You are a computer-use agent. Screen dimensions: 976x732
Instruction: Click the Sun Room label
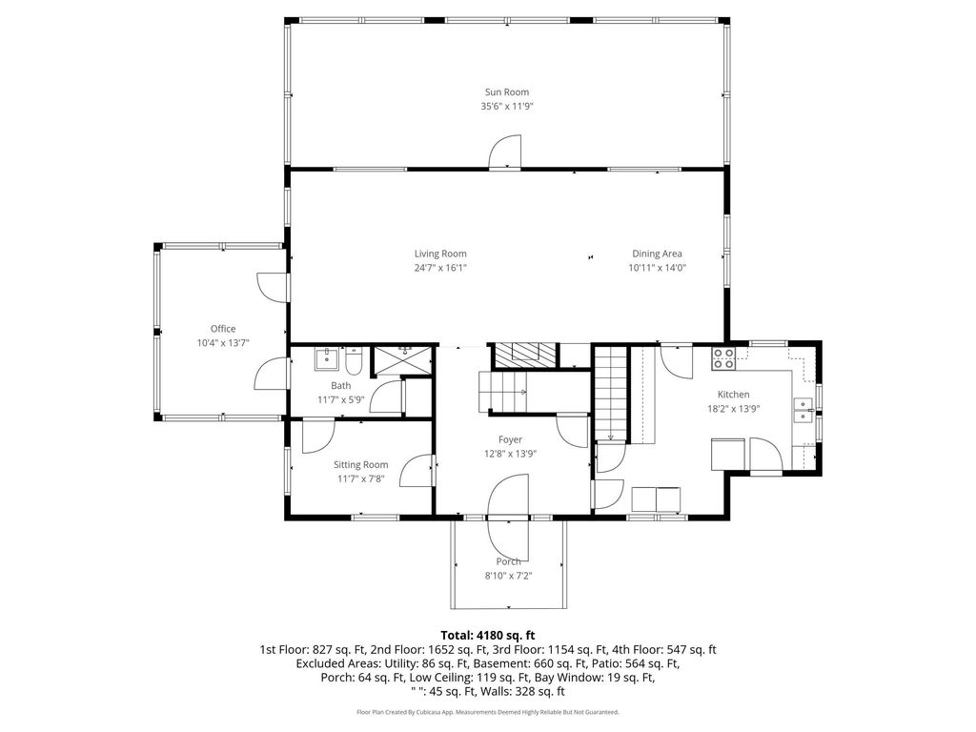(x=507, y=92)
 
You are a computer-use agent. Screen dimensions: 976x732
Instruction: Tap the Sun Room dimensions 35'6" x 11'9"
(x=507, y=107)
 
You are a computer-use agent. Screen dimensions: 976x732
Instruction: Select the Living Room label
(x=440, y=254)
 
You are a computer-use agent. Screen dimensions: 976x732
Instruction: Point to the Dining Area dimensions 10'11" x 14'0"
(x=657, y=268)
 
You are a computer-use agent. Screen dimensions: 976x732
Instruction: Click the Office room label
(x=223, y=329)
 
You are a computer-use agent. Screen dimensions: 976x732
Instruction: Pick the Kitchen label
(x=733, y=395)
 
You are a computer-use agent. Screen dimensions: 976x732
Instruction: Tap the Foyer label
(x=510, y=440)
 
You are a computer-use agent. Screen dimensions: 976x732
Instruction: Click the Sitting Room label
(x=360, y=465)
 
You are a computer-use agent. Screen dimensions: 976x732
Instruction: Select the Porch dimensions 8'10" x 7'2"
(x=509, y=577)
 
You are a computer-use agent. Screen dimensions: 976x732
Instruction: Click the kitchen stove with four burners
(x=723, y=358)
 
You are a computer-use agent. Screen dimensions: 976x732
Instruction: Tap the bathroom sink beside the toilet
(x=326, y=359)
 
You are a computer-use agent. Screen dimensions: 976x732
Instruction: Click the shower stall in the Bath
(x=401, y=360)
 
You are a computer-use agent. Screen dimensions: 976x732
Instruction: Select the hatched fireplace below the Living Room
(x=523, y=355)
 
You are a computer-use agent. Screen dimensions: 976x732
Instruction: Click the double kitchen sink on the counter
(x=803, y=410)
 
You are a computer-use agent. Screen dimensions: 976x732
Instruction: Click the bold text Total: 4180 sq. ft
(x=488, y=636)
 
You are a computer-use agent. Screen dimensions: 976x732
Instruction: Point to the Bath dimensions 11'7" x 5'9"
(x=340, y=400)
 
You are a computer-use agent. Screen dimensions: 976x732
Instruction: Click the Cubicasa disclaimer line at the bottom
(x=488, y=712)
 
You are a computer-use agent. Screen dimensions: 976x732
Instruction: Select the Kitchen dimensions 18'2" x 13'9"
(x=733, y=410)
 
